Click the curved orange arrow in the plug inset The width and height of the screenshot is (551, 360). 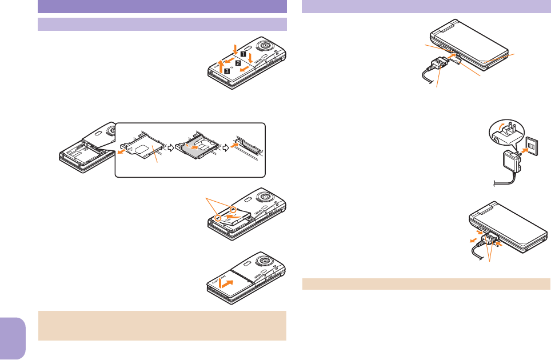pyautogui.click(x=501, y=125)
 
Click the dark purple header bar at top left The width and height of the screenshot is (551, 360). pyautogui.click(x=162, y=6)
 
